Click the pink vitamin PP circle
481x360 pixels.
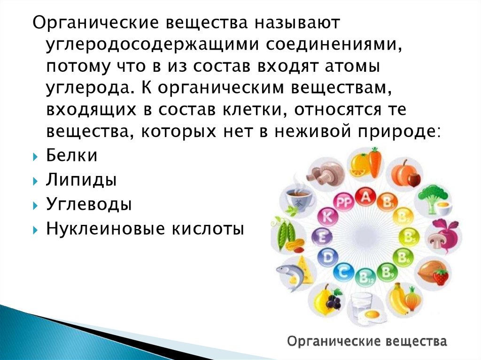click(343, 202)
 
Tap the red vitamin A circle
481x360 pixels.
click(365, 197)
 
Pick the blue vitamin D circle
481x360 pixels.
click(327, 257)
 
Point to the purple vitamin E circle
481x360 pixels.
click(322, 237)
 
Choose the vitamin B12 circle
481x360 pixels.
click(365, 277)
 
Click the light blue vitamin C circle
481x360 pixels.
click(343, 272)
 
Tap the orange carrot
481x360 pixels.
click(375, 162)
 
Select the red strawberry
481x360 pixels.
click(441, 276)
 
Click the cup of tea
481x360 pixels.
click(298, 198)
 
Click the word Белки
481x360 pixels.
click(71, 155)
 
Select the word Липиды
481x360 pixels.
click(81, 180)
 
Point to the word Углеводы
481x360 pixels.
click(89, 204)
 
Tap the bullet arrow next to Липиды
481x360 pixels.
click(35, 181)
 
